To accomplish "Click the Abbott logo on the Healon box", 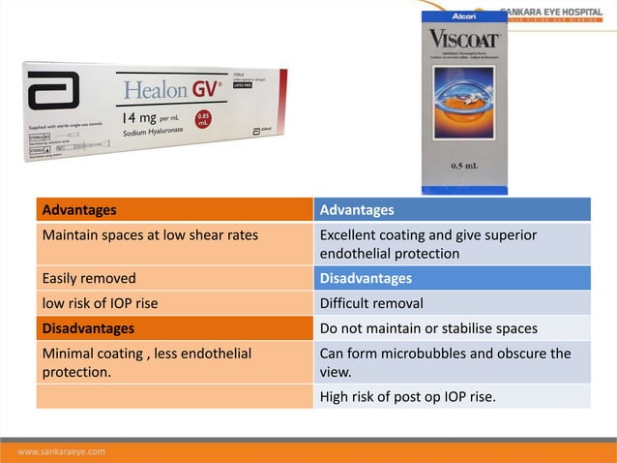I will (53, 92).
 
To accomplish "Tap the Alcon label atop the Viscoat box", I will (463, 17).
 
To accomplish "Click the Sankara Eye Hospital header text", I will (556, 12).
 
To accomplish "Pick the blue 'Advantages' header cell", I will (452, 209).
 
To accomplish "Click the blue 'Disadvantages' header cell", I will (452, 279).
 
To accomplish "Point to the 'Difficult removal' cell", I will (452, 303).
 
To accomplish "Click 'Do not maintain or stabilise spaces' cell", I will (452, 327).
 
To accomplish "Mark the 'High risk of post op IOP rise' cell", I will (452, 395).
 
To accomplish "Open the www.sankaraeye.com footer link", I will (62, 451).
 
